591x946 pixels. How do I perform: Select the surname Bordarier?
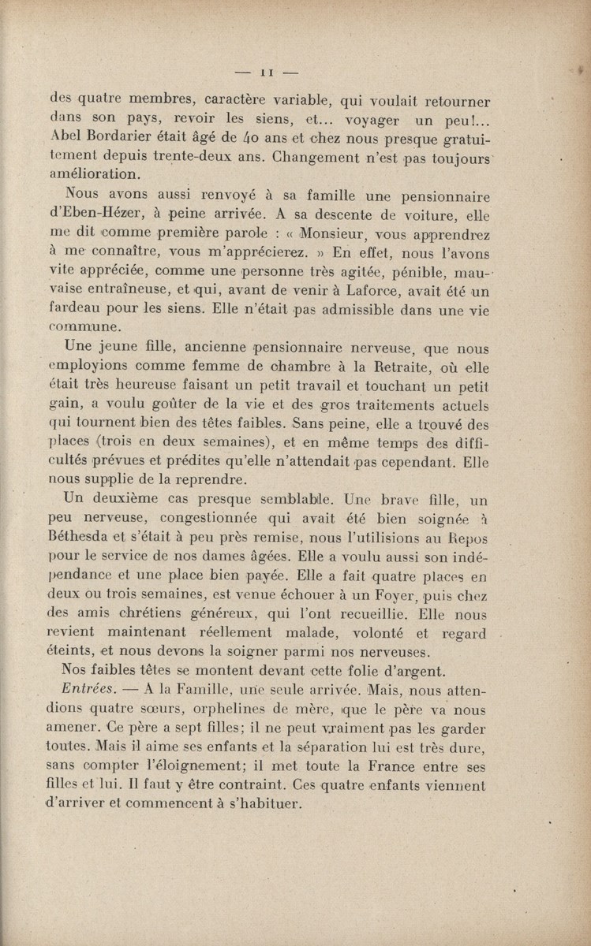pos(114,138)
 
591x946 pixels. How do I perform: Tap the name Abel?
pos(65,138)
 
